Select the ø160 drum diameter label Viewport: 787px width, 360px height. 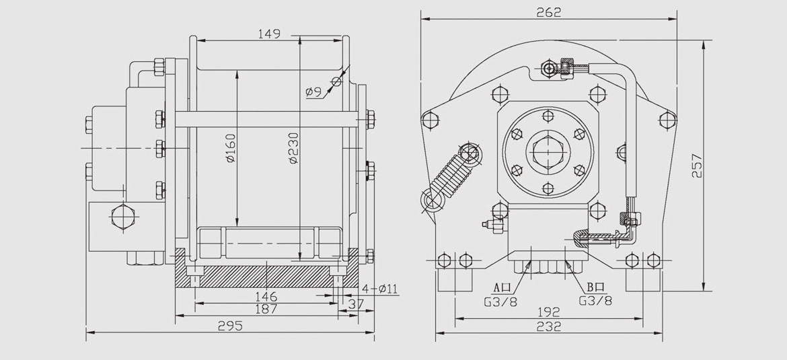[230, 150]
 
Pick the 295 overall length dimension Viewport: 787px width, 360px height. [231, 326]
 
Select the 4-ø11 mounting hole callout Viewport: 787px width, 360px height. [380, 288]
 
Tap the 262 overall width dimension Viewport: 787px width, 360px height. [549, 12]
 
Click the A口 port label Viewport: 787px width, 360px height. [504, 286]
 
